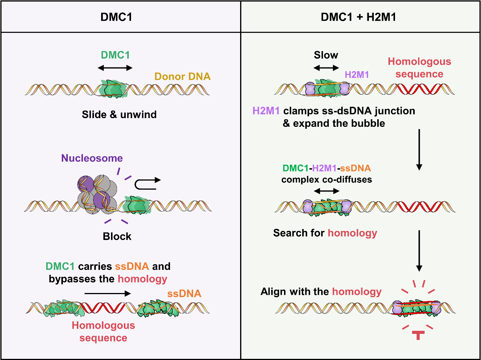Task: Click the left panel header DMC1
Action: pyautogui.click(x=120, y=17)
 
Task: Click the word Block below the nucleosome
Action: pyautogui.click(x=117, y=237)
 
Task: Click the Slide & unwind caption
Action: pyautogui.click(x=119, y=114)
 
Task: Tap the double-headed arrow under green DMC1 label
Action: pyautogui.click(x=115, y=68)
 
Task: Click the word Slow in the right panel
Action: pyautogui.click(x=326, y=55)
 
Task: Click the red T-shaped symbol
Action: pyautogui.click(x=419, y=335)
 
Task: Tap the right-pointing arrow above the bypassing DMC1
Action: pyautogui.click(x=108, y=293)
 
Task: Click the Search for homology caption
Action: pyautogui.click(x=325, y=233)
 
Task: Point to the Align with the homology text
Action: pyautogui.click(x=321, y=292)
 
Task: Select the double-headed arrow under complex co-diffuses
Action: pyautogui.click(x=326, y=191)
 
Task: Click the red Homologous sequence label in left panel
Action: pyautogui.click(x=103, y=331)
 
